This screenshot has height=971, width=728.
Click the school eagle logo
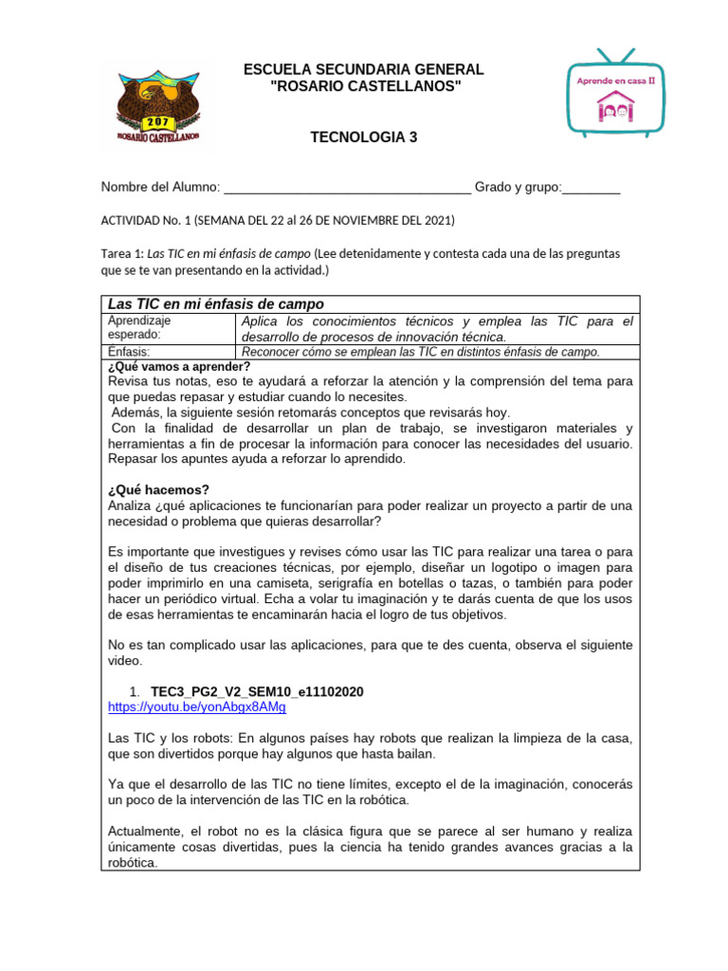point(159,106)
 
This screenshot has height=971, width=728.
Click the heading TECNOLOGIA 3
point(364,137)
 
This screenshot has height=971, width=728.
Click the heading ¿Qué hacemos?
point(159,490)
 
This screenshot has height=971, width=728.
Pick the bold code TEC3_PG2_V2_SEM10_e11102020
point(257,692)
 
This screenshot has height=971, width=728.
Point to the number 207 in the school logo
point(156,122)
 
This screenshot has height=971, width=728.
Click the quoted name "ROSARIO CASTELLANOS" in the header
point(364,87)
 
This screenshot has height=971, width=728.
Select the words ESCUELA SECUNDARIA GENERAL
point(364,70)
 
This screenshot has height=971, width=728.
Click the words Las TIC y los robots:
point(171,738)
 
